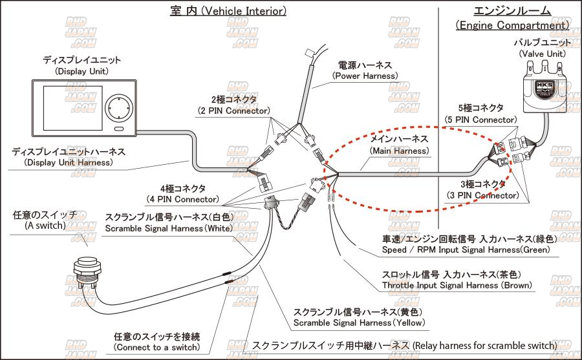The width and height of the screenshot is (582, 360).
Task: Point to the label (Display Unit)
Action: (81, 71)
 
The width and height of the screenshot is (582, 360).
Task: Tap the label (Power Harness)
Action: (365, 76)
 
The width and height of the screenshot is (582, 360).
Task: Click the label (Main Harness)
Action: (398, 151)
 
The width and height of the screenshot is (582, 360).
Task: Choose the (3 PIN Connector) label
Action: (482, 195)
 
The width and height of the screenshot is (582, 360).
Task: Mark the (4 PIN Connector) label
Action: (183, 199)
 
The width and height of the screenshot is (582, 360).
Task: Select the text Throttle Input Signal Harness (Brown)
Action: (457, 285)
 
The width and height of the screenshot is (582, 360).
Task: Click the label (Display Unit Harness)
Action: (68, 162)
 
